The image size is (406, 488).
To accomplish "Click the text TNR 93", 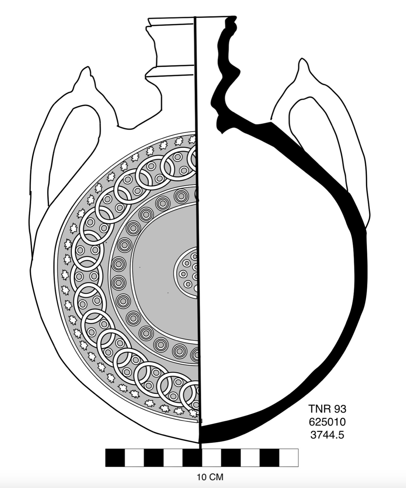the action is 327,409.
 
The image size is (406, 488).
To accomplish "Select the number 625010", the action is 327,422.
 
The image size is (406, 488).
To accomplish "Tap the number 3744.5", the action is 327,435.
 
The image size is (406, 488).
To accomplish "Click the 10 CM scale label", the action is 210,477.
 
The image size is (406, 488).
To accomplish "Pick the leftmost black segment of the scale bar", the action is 115,458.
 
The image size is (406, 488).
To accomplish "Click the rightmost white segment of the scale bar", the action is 289,458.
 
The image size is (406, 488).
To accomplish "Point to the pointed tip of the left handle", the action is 88,68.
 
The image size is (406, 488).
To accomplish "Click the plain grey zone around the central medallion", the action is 155,270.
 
